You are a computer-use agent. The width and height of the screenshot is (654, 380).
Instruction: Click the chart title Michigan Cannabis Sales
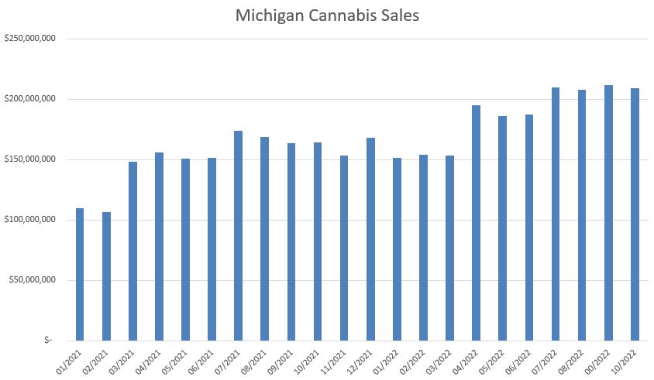tap(328, 15)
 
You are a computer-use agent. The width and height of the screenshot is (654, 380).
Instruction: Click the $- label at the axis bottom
tap(49, 341)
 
